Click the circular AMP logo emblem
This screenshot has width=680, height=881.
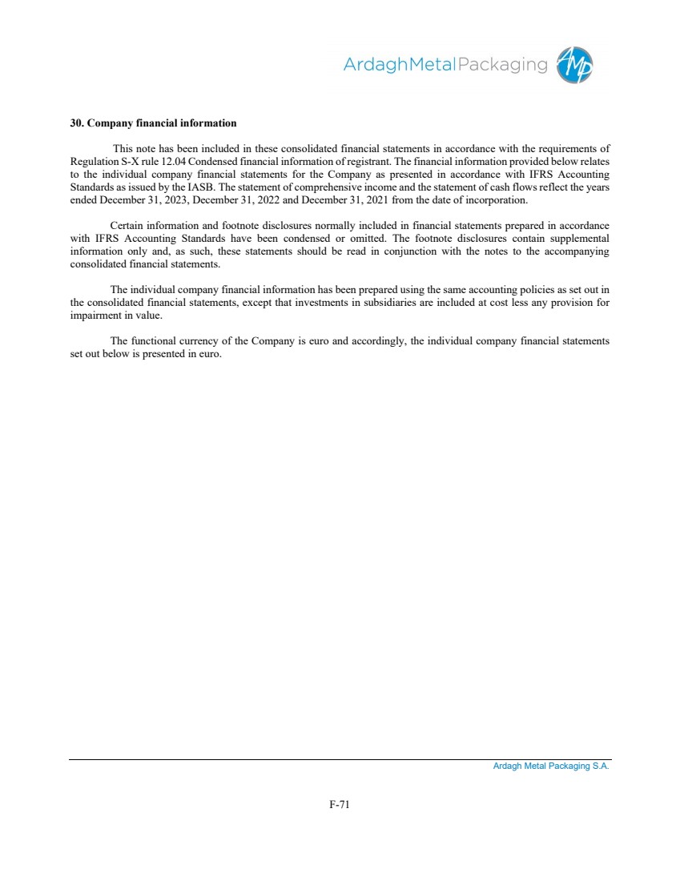coord(576,64)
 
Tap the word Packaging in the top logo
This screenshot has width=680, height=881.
coord(503,65)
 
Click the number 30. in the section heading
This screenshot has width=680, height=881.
coord(77,123)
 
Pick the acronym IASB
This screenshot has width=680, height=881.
coord(200,187)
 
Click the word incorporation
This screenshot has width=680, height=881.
coord(497,199)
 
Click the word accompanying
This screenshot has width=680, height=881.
coord(577,251)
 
